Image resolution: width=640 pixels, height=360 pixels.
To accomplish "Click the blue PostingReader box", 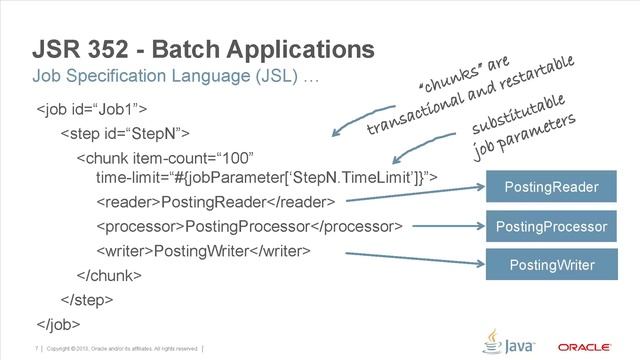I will point(551,187).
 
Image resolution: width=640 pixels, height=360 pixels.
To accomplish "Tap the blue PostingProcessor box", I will point(551,226).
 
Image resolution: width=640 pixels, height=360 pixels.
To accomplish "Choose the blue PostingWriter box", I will point(551,265).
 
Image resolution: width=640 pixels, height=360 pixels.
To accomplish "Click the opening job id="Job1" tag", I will point(92,107).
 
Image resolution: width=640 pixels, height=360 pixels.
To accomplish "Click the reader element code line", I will point(214,203).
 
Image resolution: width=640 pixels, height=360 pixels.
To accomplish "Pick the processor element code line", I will point(249,226).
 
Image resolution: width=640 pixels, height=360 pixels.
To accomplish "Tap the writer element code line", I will point(203,250).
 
